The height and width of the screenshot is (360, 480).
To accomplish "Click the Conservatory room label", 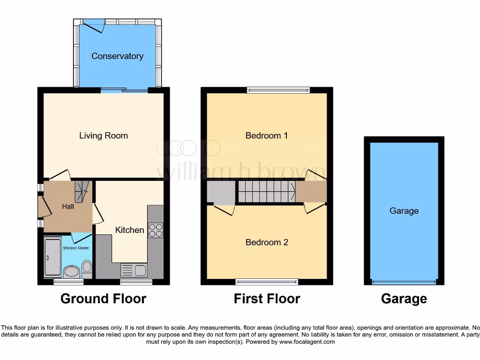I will click(117, 56).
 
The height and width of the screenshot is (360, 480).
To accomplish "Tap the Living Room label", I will click(103, 136).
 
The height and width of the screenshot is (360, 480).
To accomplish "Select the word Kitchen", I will click(130, 230).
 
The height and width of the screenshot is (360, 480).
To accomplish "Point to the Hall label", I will click(68, 206).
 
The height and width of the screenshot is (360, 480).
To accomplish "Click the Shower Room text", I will click(76, 248).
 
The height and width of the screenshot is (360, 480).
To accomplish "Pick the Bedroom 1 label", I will click(267, 135).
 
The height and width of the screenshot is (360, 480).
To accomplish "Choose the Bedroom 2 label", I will click(267, 242).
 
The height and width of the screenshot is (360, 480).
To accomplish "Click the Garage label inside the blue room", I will click(404, 211).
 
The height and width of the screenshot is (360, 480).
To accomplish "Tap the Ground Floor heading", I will click(103, 299).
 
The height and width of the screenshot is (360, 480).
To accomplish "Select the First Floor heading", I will click(267, 299).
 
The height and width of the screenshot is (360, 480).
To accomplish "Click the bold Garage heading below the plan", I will click(404, 299).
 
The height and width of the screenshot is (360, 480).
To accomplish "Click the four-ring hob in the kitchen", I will click(155, 230).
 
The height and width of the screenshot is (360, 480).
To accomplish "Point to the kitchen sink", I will click(134, 270).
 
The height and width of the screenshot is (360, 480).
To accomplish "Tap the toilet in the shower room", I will click(87, 269).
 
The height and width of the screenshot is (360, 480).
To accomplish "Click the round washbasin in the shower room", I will click(71, 271).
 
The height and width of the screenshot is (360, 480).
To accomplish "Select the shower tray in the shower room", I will click(52, 257).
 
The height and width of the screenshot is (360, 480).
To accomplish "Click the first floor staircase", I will click(266, 192).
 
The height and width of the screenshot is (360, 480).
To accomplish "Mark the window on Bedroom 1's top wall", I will click(278, 90).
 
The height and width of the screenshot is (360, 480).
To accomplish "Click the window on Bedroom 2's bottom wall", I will click(267, 282).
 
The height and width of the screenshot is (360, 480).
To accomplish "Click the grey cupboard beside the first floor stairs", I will click(221, 192).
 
